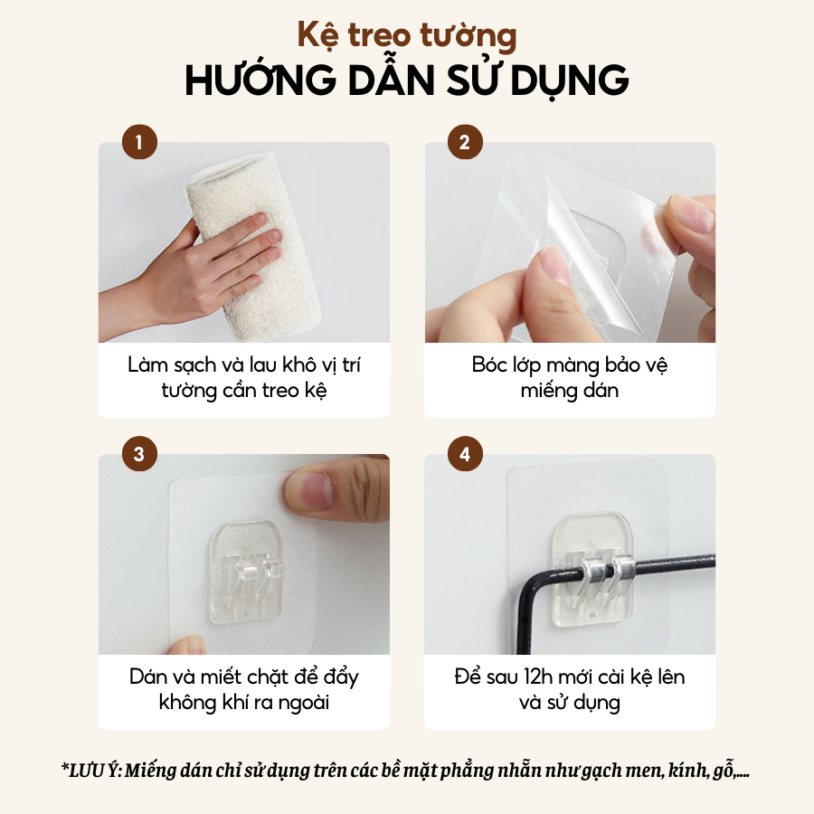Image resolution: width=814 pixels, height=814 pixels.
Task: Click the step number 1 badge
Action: [139, 142]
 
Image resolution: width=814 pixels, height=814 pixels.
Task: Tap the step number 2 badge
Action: [465, 142]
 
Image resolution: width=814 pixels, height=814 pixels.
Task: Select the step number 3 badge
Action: [139, 454]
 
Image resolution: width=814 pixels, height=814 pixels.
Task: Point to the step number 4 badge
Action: [465, 454]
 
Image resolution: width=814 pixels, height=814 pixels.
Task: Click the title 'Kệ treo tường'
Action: [407, 35]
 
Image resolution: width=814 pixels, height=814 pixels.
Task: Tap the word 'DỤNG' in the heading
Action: [570, 80]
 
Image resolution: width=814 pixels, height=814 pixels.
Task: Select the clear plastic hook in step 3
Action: [248, 573]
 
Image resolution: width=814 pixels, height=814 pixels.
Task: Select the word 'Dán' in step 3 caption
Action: [147, 677]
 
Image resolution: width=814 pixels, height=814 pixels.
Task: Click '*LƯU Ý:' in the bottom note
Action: [91, 770]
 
